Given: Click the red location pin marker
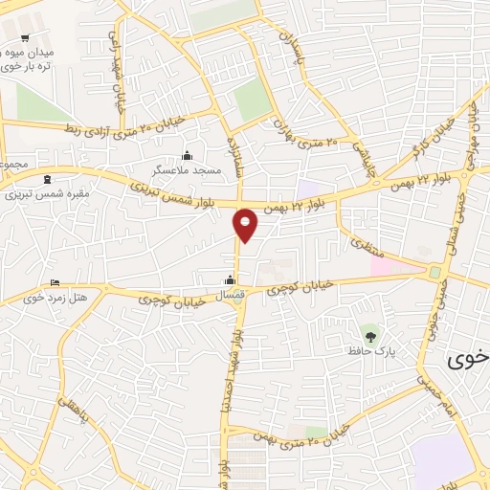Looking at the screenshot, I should coord(246,224).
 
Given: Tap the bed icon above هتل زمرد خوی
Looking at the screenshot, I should coord(54,283).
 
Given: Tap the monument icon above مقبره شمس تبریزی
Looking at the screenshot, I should coord(46,177).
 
